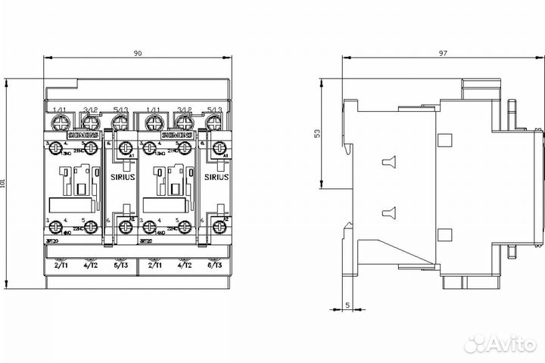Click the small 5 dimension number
(347, 305)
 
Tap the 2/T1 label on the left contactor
(60, 266)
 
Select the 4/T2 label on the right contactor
(184, 266)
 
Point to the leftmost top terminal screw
(59, 121)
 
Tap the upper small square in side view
(444, 140)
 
